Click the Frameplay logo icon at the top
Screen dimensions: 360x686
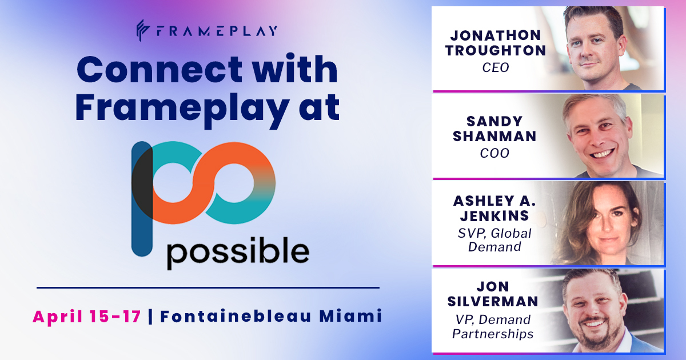coord(143,30)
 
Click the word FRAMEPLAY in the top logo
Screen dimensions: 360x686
coord(216,30)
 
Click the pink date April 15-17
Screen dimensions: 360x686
coord(86,316)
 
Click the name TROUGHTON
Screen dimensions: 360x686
coord(496,50)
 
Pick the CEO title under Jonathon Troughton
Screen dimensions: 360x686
coord(496,68)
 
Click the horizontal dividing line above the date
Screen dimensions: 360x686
coord(208,287)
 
